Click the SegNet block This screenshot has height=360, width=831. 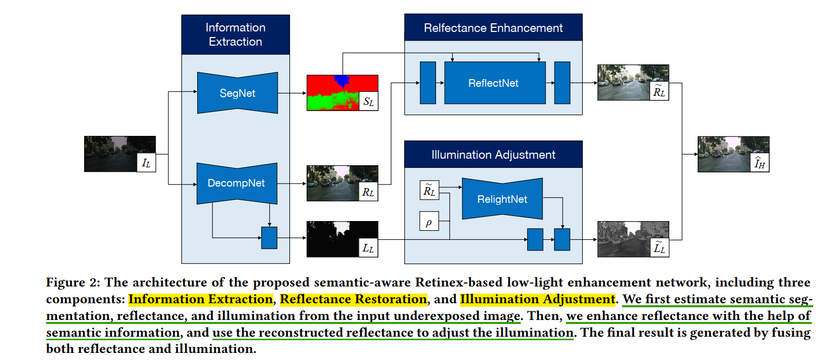[x=237, y=93]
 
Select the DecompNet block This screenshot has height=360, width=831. [x=236, y=183]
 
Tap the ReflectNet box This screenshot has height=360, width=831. [x=494, y=83]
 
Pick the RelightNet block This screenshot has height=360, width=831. [x=502, y=199]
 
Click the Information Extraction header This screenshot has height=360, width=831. [x=235, y=34]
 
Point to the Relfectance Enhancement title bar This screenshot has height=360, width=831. [x=493, y=28]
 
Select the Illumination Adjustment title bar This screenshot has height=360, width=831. [x=493, y=155]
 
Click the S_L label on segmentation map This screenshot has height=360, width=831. [x=368, y=101]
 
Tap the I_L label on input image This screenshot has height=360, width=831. [x=146, y=163]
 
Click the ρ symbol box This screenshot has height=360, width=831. [x=429, y=222]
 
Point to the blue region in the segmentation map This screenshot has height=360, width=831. [x=342, y=80]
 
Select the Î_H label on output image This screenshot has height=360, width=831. [x=759, y=163]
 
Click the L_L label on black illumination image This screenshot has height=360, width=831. [x=368, y=248]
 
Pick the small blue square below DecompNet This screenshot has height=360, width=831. [x=269, y=238]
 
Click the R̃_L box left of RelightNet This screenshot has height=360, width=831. [x=429, y=190]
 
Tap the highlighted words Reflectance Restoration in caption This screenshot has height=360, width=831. [x=353, y=299]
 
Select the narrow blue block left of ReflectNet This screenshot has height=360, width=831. [x=428, y=83]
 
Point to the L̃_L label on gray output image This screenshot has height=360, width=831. [x=659, y=248]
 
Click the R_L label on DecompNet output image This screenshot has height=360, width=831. [x=368, y=192]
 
